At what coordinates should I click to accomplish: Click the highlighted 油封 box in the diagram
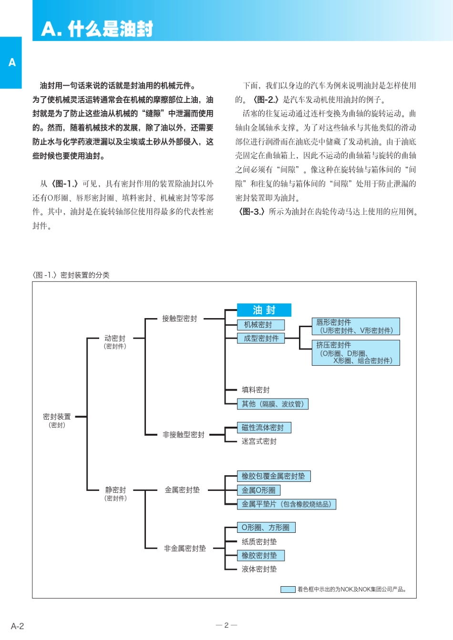click(x=264, y=310)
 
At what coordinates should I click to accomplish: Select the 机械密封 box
click(x=261, y=325)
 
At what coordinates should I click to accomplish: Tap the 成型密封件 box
click(x=261, y=339)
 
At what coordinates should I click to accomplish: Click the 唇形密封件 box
click(x=355, y=327)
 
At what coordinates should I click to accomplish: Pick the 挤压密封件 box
click(x=355, y=353)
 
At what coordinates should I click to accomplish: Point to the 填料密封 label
click(x=256, y=390)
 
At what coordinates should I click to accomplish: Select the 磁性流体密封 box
click(x=264, y=428)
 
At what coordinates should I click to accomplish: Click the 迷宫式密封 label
click(x=259, y=441)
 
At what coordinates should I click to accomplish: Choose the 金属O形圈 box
click(x=258, y=490)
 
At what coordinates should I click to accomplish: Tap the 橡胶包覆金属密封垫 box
click(x=274, y=476)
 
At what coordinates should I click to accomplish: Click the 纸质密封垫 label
click(x=259, y=542)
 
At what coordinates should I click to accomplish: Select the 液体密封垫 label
click(x=259, y=569)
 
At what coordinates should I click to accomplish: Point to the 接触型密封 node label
click(x=180, y=319)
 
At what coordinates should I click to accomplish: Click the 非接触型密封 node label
click(x=184, y=435)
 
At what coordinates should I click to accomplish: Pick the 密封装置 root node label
click(x=57, y=417)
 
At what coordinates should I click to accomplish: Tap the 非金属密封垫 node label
click(x=185, y=549)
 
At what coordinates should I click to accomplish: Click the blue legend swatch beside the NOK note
click(x=288, y=590)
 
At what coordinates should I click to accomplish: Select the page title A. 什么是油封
click(x=97, y=29)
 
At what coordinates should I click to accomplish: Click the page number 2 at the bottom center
click(x=226, y=625)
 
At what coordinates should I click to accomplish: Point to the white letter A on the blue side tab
click(x=12, y=62)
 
